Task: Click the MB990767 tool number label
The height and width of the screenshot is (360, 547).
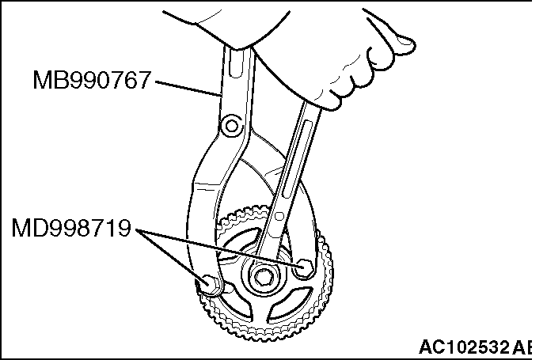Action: coord(92,80)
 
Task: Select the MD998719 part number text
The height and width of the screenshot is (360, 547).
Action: coord(71,228)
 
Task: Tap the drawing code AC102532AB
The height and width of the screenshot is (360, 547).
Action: coord(476,347)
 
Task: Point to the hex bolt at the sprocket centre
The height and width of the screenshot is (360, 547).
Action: coord(262,278)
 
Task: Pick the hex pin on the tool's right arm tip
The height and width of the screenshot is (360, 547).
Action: coord(304,268)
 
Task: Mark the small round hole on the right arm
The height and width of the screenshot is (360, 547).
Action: coord(279,216)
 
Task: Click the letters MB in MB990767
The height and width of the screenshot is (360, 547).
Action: coord(48,80)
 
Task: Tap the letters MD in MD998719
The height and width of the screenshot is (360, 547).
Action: coord(28,228)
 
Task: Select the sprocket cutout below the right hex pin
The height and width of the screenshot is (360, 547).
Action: coord(291,303)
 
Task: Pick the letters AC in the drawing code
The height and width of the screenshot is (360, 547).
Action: coord(431,347)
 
